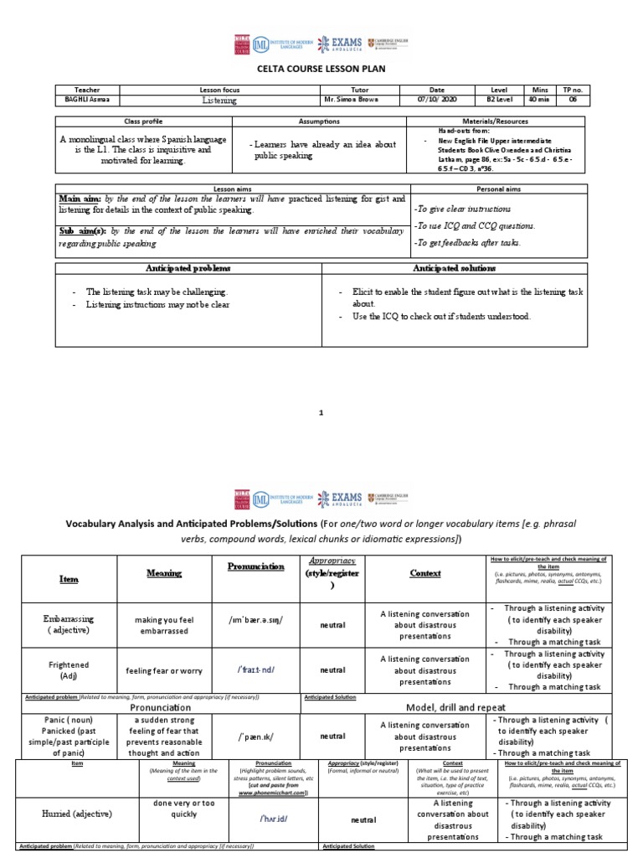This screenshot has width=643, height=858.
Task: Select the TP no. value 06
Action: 573,100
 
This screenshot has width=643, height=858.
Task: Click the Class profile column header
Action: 147,121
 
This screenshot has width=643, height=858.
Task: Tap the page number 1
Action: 321,412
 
